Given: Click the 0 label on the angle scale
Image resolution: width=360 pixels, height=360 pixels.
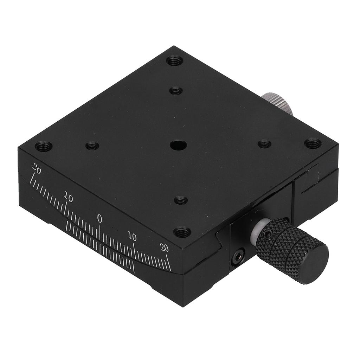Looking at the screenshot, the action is coord(99,219).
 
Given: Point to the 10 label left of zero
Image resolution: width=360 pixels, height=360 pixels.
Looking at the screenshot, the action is coord(69,198).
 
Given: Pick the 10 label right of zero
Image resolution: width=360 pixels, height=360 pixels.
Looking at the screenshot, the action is coord(132,236).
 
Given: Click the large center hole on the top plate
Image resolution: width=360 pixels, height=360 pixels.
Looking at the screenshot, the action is coord(178,145).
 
